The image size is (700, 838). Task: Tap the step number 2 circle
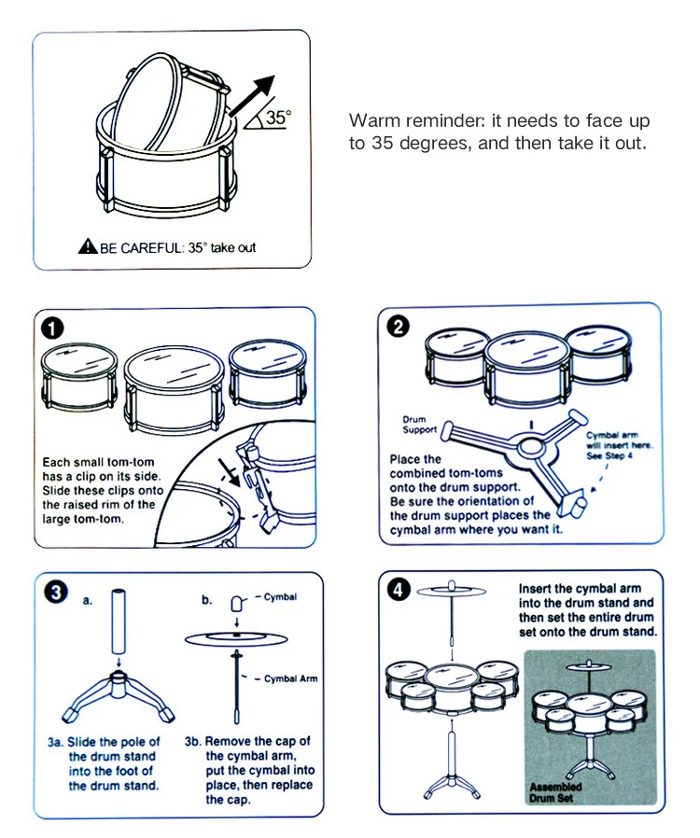pos(399,328)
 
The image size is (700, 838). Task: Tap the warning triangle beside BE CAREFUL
pos(88,247)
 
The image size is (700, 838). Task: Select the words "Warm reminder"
pos(397,121)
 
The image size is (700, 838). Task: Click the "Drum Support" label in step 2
pos(419,425)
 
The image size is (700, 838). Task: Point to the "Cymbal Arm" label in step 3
pos(291,678)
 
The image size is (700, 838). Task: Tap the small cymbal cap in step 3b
pos(237,604)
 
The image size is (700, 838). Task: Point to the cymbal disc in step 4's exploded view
pos(452,592)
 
